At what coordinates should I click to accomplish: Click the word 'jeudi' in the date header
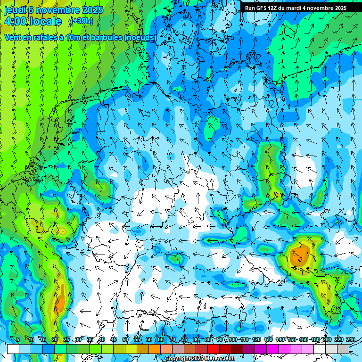pyautogui.click(x=15, y=10)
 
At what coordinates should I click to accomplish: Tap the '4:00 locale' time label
pyautogui.click(x=33, y=21)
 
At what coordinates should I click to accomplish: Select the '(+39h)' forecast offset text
pyautogui.click(x=82, y=21)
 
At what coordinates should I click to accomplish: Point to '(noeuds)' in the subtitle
pyautogui.click(x=140, y=37)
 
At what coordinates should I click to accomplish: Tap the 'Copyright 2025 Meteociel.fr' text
pyautogui.click(x=200, y=359)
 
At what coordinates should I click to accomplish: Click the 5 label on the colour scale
pyautogui.click(x=18, y=340)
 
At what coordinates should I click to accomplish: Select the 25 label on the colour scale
pyautogui.click(x=66, y=340)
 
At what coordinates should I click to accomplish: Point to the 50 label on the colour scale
pyautogui.click(x=125, y=340)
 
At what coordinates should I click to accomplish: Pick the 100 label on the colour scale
pyautogui.click(x=232, y=340)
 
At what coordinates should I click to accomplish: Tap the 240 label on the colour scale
pyautogui.click(x=350, y=340)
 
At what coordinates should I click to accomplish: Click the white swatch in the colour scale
pyautogui.click(x=13, y=349)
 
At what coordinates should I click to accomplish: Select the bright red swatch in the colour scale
pyautogui.click(x=214, y=349)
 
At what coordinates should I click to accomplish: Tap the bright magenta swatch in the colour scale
pyautogui.click(x=272, y=349)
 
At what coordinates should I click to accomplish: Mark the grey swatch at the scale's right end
pyautogui.click(x=343, y=349)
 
